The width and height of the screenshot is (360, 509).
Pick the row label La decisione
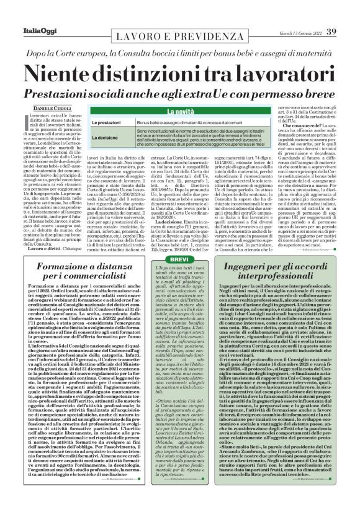pyautogui.click(x=106, y=138)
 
